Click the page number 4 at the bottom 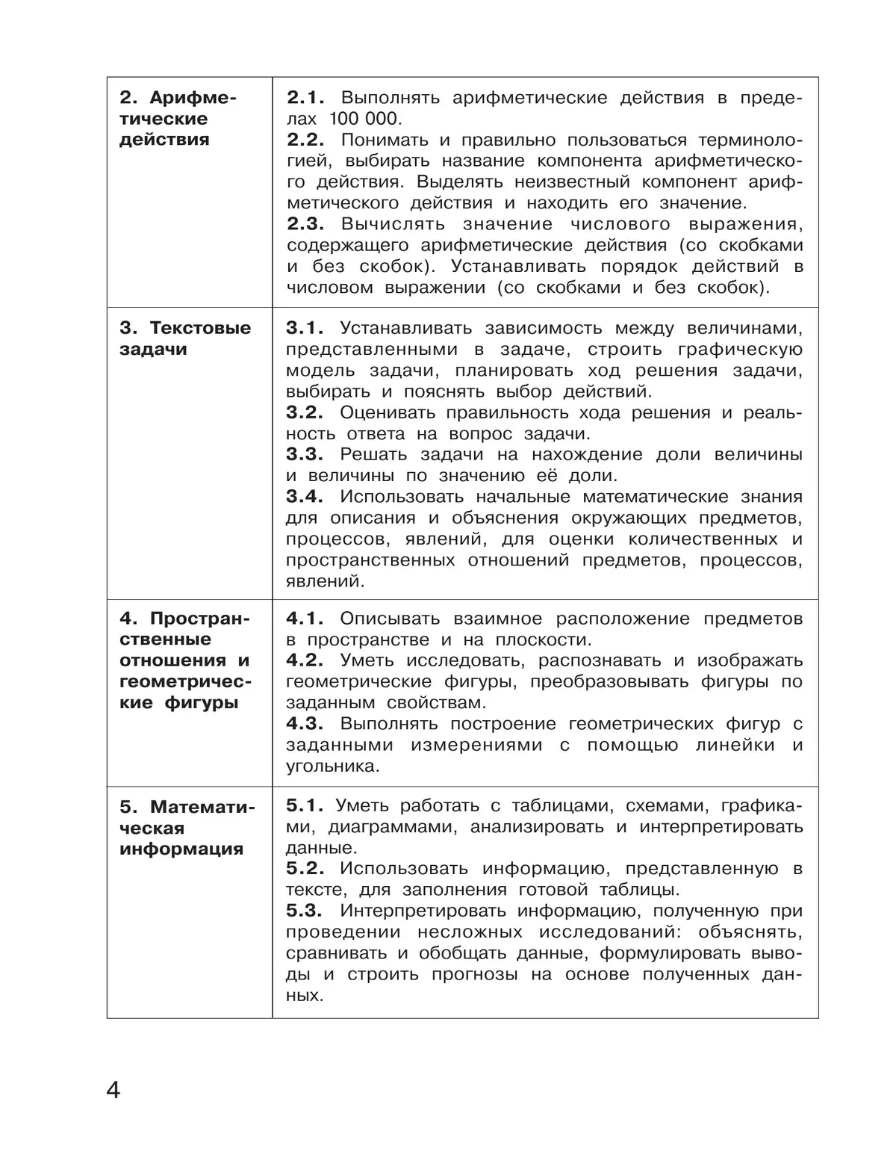113,1090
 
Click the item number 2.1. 305,98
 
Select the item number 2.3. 305,224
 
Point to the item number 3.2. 305,412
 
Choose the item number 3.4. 305,497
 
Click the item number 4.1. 305,619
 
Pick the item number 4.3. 305,724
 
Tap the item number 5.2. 305,869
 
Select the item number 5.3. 305,911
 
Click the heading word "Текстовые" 200,329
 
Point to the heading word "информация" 181,849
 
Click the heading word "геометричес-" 185,681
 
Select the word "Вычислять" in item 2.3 393,224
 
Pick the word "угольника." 332,767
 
